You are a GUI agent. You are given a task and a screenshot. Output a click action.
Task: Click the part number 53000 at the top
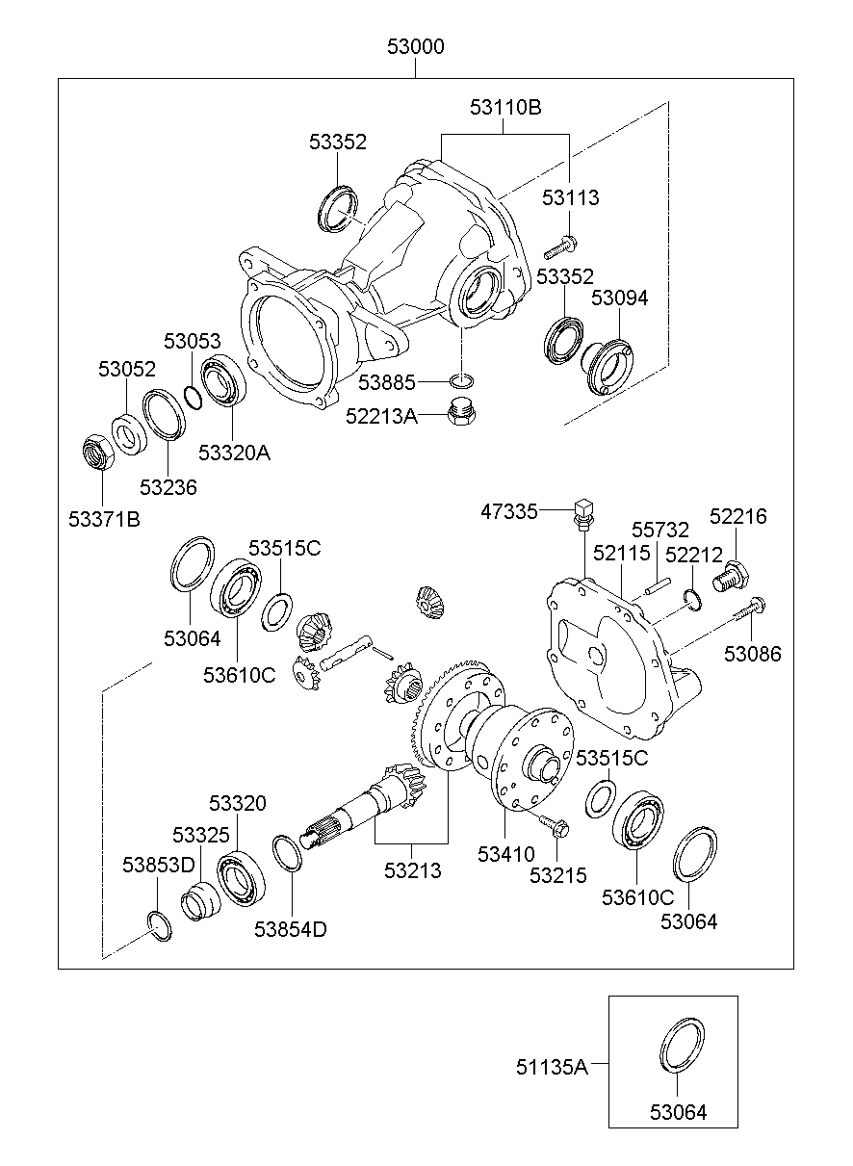point(415,47)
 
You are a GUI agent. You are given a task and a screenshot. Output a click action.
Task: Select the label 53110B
point(505,107)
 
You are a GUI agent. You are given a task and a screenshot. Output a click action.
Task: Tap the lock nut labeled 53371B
point(96,453)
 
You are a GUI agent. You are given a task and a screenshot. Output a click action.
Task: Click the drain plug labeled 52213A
point(463,413)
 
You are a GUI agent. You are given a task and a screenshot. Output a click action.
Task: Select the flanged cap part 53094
point(607,364)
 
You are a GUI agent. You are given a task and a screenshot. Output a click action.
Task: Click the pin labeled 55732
point(659,584)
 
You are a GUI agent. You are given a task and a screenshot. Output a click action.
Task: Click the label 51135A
point(551,1065)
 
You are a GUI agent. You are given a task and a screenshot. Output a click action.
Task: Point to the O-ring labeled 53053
point(193,396)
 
